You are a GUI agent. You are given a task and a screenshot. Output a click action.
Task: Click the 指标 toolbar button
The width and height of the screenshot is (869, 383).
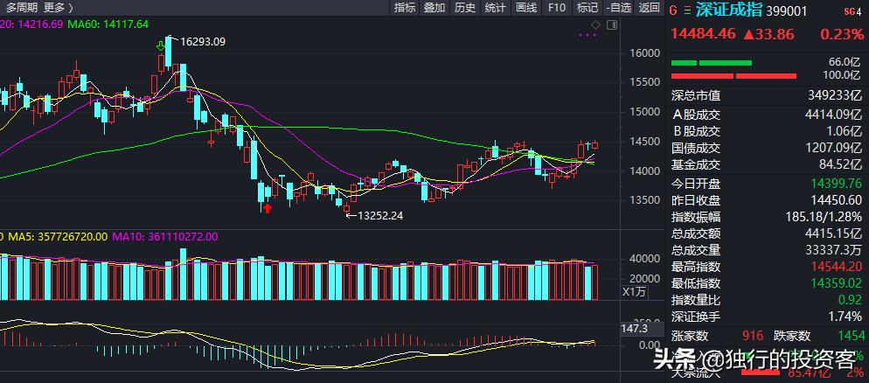coord(405,8)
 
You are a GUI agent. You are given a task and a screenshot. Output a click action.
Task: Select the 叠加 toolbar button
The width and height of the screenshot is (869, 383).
coord(434,8)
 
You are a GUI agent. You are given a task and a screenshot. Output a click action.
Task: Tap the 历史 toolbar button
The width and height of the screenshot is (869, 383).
coord(465,8)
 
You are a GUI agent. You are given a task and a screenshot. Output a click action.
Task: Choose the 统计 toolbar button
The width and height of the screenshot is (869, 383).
coord(496,8)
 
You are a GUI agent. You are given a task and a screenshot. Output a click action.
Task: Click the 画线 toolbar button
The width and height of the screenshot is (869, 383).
coord(526,8)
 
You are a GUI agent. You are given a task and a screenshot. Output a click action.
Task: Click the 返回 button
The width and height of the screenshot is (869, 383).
coord(649,8)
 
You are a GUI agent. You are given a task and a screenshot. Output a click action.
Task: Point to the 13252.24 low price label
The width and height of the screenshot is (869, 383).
coord(378,216)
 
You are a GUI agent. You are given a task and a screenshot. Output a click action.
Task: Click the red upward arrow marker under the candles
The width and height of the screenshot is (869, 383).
coord(267,208)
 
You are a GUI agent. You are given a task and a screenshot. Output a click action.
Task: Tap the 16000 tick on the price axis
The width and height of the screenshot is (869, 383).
coord(643,53)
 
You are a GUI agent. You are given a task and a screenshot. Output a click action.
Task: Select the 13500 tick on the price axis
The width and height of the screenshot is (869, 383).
coord(643,200)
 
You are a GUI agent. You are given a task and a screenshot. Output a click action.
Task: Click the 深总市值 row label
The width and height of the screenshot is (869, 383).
coord(696,95)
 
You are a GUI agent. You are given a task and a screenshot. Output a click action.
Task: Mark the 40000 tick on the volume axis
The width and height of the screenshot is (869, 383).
coord(643,259)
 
